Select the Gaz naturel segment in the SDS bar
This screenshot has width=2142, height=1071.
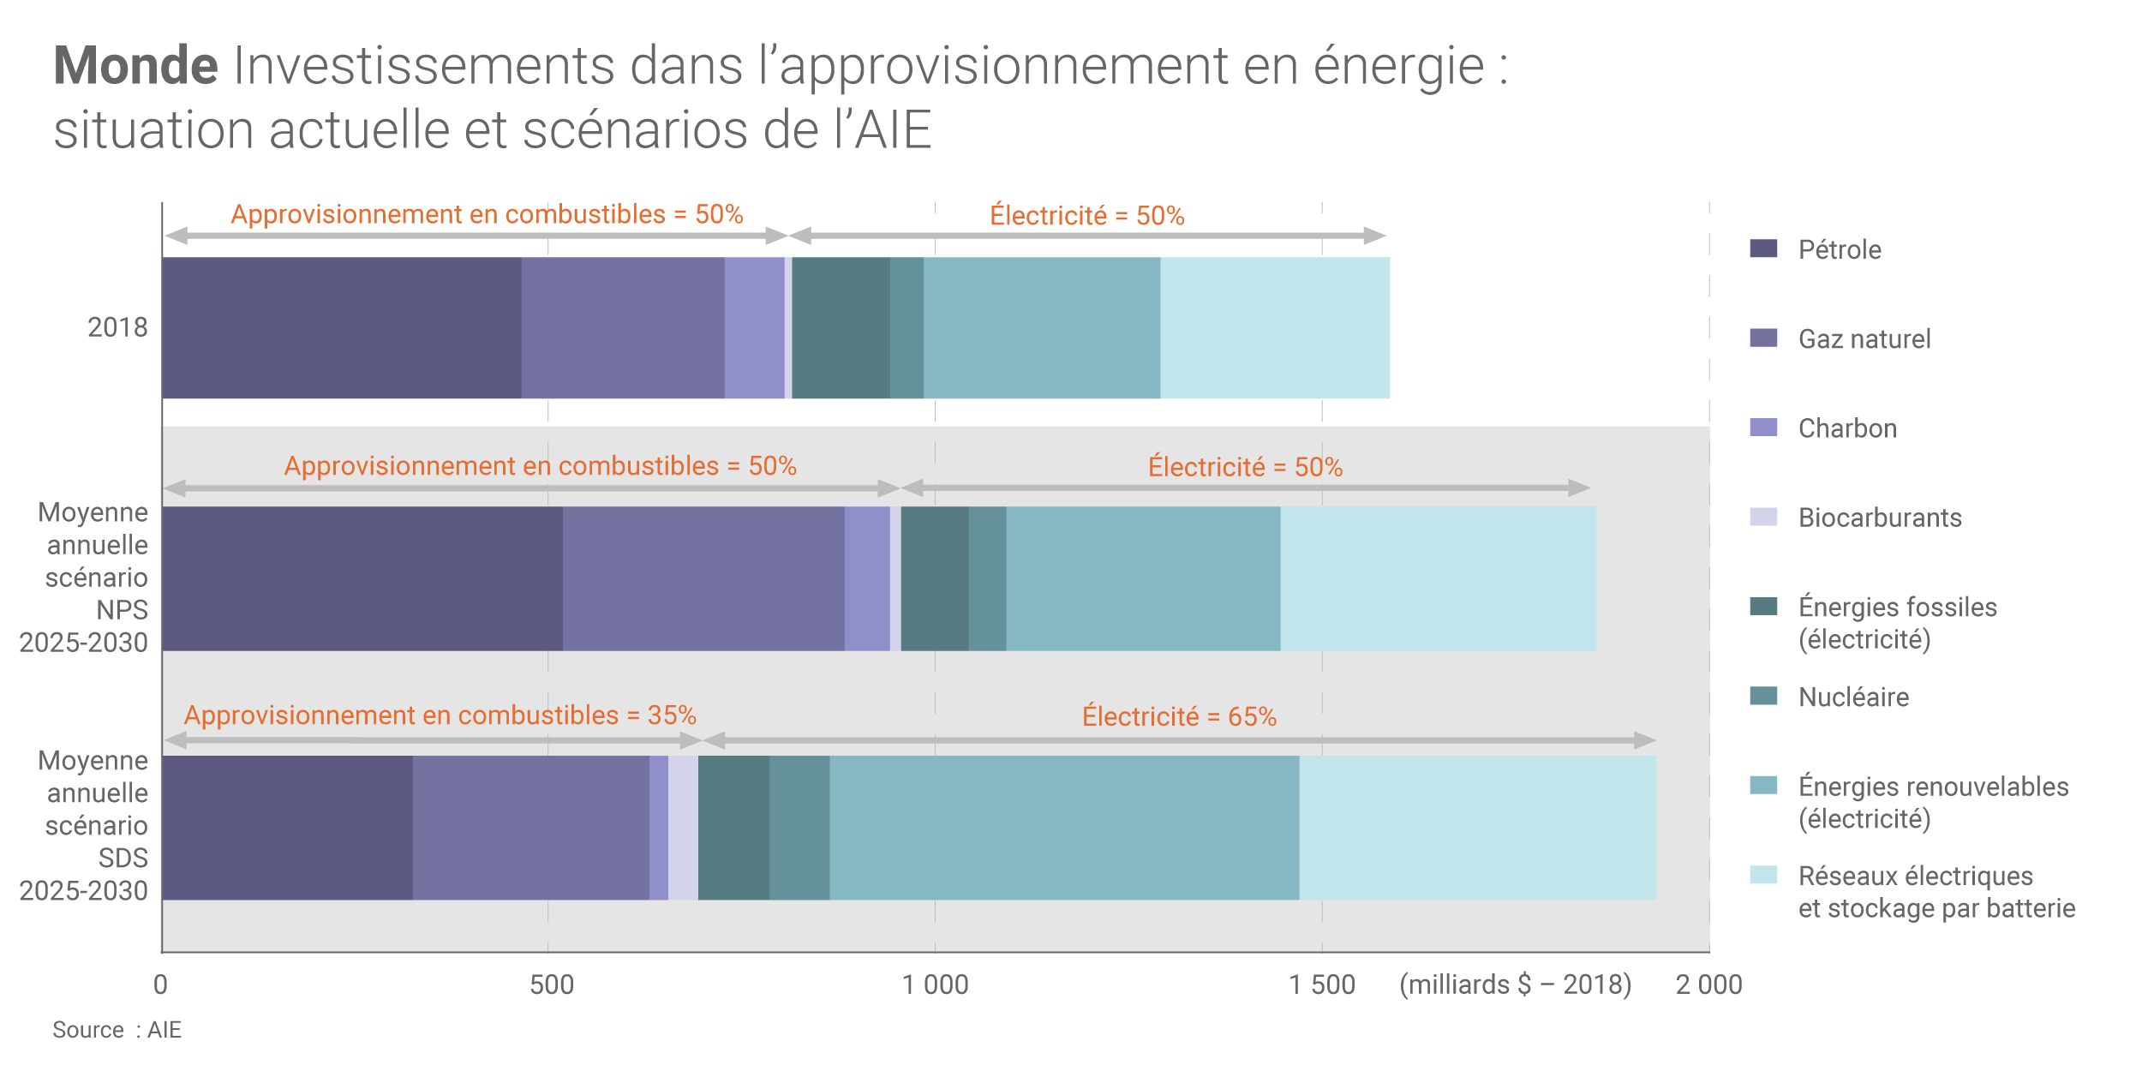[x=530, y=827]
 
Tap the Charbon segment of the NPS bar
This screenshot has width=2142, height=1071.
[x=867, y=578]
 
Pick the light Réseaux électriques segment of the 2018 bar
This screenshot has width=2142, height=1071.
[x=1274, y=327]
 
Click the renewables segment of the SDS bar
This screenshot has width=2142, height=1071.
[x=1063, y=827]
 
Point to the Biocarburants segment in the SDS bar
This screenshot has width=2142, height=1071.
[x=683, y=827]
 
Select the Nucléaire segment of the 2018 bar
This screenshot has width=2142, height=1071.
[x=906, y=327]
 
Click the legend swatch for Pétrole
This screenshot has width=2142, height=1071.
[x=1763, y=248]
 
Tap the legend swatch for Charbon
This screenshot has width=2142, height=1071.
[x=1763, y=427]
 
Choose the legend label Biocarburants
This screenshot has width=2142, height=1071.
[x=1880, y=518]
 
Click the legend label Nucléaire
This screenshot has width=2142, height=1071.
[x=1853, y=697]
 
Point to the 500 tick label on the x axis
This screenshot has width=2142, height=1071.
[x=551, y=984]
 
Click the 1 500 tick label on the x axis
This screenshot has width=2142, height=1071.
[x=1322, y=984]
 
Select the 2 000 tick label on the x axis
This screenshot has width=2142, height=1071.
[x=1708, y=984]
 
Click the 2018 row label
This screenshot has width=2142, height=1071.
[x=117, y=327]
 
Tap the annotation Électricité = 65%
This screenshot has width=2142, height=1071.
[x=1179, y=716]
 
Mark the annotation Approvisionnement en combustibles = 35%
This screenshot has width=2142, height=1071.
[x=440, y=715]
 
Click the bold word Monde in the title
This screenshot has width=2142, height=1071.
[x=135, y=65]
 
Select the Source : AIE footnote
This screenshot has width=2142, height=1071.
[x=117, y=1030]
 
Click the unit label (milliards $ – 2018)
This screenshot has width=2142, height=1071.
[x=1515, y=984]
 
